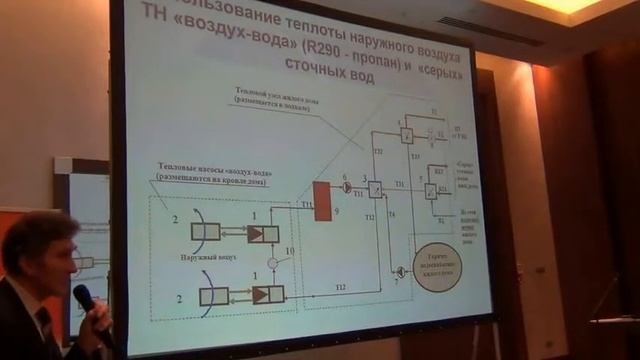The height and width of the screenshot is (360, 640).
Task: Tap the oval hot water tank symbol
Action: (437, 266)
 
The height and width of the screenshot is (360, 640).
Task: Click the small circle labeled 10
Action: (272, 263)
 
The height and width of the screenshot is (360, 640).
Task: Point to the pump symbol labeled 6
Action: (347, 187)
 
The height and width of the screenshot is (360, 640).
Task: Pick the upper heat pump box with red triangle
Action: (265, 233)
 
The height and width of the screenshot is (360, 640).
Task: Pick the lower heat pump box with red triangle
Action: (268, 294)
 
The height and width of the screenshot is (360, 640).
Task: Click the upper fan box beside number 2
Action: (205, 232)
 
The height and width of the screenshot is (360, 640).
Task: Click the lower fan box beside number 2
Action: (213, 295)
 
